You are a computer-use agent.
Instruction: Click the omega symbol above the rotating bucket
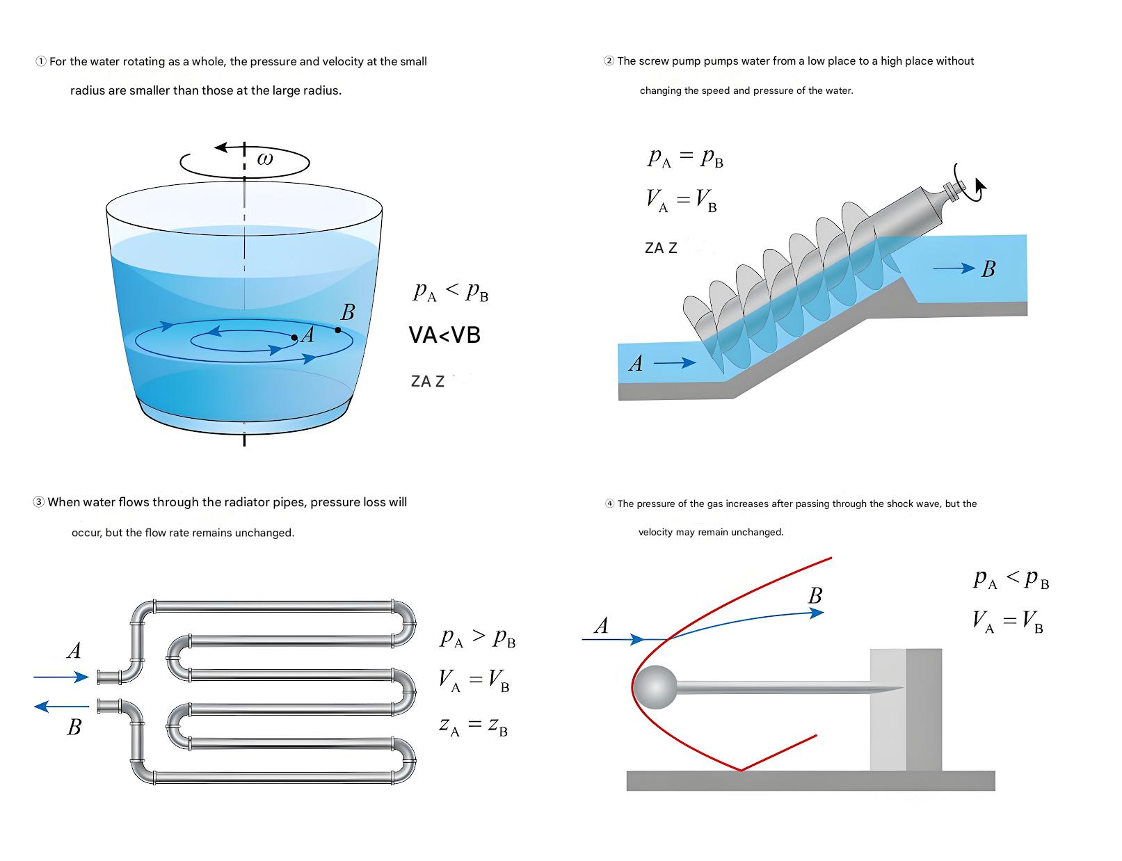(x=265, y=159)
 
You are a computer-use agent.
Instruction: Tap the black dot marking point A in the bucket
(x=294, y=338)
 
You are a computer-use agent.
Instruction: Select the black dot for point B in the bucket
(x=338, y=330)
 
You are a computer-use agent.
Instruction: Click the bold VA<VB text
(x=444, y=335)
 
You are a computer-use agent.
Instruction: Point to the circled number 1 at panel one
(x=41, y=61)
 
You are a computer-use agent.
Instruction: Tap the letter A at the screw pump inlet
(x=636, y=363)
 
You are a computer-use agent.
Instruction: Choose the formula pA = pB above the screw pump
(x=685, y=158)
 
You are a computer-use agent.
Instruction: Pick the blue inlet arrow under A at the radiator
(x=61, y=677)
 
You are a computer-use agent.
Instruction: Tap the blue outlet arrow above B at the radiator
(x=61, y=707)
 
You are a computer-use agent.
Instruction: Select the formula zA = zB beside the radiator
(x=473, y=725)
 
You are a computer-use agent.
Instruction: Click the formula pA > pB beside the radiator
(x=478, y=638)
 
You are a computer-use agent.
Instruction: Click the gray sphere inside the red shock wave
(x=655, y=686)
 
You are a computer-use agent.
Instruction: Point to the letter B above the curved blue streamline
(x=815, y=596)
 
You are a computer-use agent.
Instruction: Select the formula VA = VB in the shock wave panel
(x=1008, y=620)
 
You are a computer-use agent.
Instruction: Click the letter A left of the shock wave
(x=601, y=626)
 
